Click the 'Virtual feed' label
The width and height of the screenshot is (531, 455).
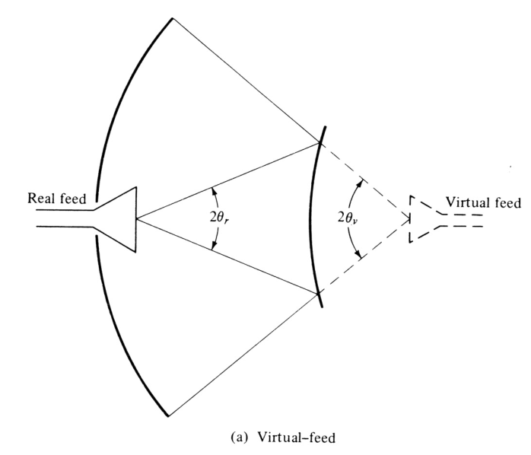coord(483,203)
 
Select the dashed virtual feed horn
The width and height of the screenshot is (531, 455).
coord(423,219)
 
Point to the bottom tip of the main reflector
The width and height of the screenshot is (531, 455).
coord(169,415)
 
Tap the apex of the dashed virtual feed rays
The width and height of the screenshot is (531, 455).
coord(411,219)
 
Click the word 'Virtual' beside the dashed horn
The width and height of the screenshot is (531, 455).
coord(469,203)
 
